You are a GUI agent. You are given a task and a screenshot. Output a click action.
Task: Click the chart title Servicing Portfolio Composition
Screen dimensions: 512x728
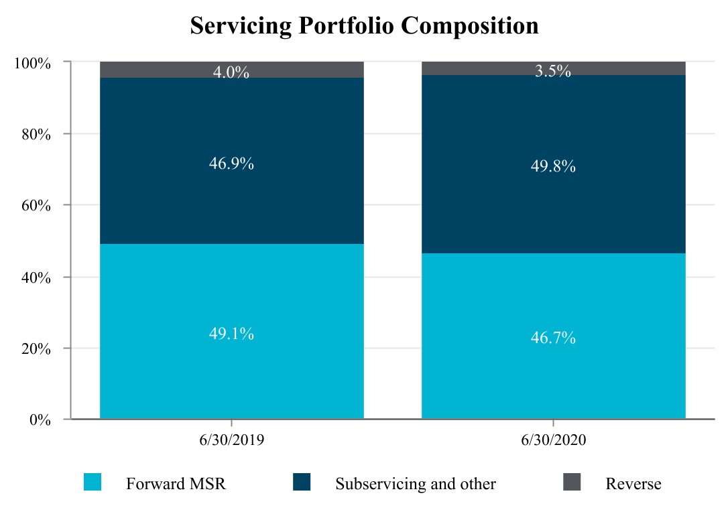[364, 25]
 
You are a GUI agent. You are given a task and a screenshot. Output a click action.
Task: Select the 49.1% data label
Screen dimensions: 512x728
[231, 334]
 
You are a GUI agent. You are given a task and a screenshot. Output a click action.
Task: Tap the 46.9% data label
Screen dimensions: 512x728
[231, 164]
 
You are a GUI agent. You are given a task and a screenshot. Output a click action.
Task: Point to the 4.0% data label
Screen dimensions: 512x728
[231, 72]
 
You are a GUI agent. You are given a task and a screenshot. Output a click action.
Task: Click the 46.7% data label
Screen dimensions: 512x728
[553, 338]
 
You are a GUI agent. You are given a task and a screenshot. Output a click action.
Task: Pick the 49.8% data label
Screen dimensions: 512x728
[553, 167]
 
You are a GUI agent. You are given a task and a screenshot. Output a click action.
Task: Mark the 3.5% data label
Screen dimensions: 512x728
[553, 71]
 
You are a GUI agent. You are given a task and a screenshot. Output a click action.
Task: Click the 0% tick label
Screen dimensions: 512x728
[39, 420]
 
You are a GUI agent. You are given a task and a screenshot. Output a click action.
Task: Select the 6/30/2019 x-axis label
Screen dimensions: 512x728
[231, 441]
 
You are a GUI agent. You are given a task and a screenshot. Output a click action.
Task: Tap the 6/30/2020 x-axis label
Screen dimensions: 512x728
[553, 441]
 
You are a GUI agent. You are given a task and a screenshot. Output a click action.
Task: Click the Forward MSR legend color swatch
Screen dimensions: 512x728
[93, 482]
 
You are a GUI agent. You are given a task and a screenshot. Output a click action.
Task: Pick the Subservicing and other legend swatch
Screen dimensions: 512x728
[302, 482]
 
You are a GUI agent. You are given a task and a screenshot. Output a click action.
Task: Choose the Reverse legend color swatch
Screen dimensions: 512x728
[571, 482]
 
